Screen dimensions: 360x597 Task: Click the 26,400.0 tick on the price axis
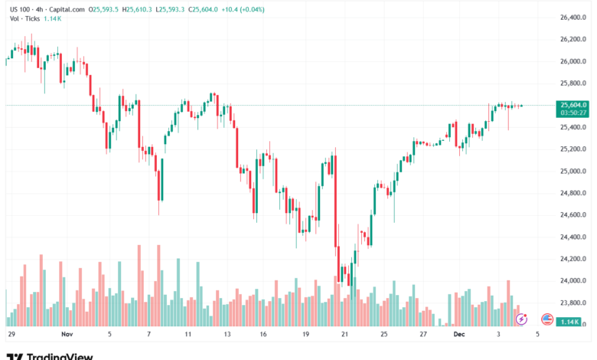[x=573, y=17]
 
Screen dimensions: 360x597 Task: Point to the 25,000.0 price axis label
[x=573, y=171]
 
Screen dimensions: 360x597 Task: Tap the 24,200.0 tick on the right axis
[x=573, y=259]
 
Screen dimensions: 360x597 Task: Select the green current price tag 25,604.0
[x=573, y=105]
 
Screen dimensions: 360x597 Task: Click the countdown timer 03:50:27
[x=573, y=113]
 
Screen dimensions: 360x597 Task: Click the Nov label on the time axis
[x=66, y=335]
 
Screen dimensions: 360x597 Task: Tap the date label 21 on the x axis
[x=344, y=335]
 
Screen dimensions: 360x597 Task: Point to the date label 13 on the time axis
[x=227, y=335]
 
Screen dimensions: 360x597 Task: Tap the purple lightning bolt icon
[x=522, y=318]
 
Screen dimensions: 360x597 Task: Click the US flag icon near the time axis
[x=546, y=318]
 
